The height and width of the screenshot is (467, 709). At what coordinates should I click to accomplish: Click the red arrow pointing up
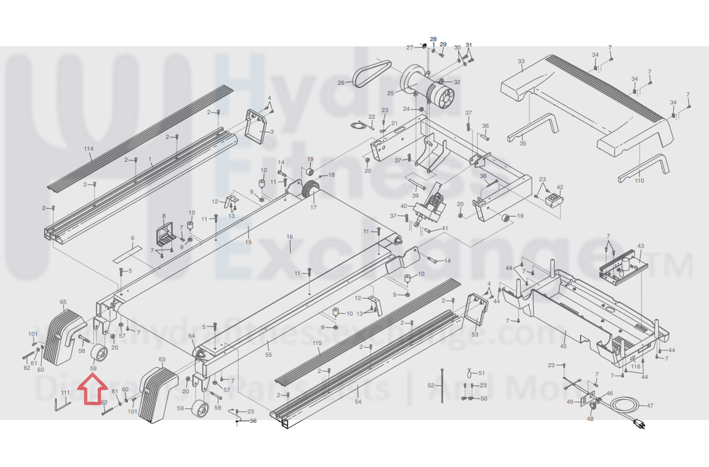pyautogui.click(x=92, y=393)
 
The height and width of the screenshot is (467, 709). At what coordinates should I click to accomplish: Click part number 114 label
pyautogui.click(x=89, y=149)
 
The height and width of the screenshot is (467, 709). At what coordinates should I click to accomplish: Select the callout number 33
pyautogui.click(x=520, y=62)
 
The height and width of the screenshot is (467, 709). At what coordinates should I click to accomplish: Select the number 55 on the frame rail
pyautogui.click(x=268, y=354)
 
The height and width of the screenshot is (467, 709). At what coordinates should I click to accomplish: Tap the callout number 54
pyautogui.click(x=358, y=402)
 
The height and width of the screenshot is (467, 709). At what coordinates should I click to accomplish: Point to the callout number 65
pyautogui.click(x=63, y=302)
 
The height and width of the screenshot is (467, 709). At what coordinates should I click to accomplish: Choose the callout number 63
pyautogui.click(x=162, y=360)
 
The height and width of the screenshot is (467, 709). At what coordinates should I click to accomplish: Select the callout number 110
pyautogui.click(x=639, y=180)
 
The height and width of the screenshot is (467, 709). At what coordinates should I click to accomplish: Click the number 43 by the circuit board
pyautogui.click(x=641, y=246)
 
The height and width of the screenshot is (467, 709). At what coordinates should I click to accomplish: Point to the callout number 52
pyautogui.click(x=430, y=386)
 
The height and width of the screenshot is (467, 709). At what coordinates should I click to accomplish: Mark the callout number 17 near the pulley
pyautogui.click(x=313, y=208)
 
